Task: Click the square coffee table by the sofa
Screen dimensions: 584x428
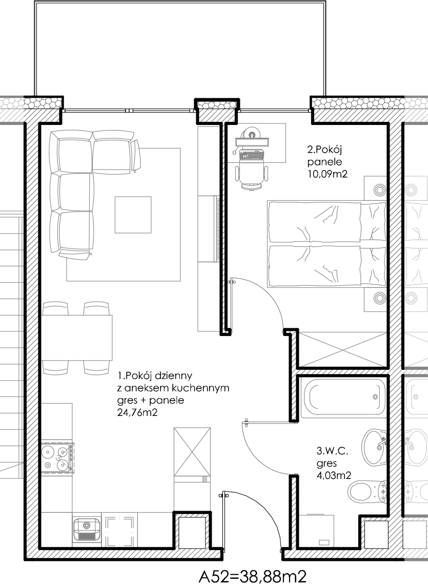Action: pyautogui.click(x=133, y=215)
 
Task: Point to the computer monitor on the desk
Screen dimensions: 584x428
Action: pyautogui.click(x=252, y=141)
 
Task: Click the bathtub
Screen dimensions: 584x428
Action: pyautogui.click(x=343, y=398)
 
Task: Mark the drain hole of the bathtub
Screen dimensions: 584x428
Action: pyautogui.click(x=375, y=397)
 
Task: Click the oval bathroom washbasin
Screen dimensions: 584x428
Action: pyautogui.click(x=374, y=447)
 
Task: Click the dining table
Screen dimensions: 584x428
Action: pyautogui.click(x=77, y=338)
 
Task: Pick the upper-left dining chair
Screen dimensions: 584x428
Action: pyautogui.click(x=55, y=308)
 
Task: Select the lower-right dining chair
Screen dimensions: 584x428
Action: pyautogui.click(x=96, y=367)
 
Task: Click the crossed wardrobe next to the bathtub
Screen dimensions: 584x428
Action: pyautogui.click(x=342, y=349)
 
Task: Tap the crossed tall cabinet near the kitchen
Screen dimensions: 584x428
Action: pyautogui.click(x=192, y=452)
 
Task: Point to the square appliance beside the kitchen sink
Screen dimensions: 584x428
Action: pyautogui.click(x=119, y=532)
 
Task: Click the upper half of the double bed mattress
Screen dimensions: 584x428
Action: pyautogui.click(x=314, y=222)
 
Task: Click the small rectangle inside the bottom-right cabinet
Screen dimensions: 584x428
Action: pyautogui.click(x=324, y=543)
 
